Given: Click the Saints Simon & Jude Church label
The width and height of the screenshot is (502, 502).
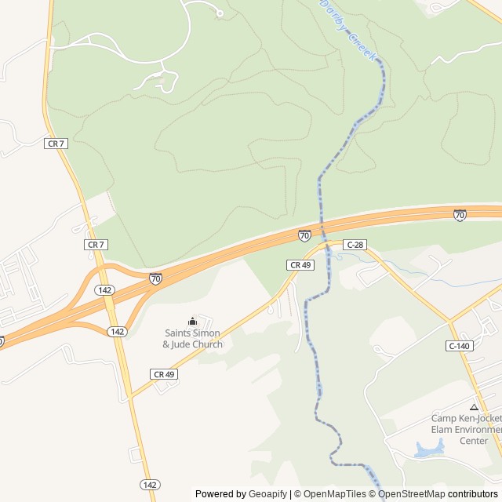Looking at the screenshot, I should tap(192, 339).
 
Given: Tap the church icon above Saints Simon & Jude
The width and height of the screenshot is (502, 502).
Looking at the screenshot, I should tap(192, 321).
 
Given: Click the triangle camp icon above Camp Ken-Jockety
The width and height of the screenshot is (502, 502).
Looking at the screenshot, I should tap(473, 407).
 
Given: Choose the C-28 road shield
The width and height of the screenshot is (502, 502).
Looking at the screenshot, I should tap(355, 245).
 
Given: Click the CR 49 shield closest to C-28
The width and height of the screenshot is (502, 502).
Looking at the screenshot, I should tap(301, 265).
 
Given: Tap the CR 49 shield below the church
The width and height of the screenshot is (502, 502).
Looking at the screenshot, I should tap(164, 374).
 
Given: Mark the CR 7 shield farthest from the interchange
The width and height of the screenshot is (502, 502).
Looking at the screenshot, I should tap(55, 143).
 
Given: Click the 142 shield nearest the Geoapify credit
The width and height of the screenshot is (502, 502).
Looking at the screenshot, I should tap(151, 483).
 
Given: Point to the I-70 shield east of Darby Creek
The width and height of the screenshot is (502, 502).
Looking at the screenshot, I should tap(460, 214).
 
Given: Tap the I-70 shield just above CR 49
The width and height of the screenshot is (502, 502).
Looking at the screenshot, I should tap(304, 235).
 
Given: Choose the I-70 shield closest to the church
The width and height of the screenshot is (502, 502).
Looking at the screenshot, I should tap(156, 278).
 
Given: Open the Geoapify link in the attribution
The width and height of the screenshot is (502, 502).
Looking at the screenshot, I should tap(267, 494).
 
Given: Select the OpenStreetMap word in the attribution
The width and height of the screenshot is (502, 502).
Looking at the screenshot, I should tap(412, 494).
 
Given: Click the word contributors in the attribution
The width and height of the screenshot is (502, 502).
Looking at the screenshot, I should tap(473, 494).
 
